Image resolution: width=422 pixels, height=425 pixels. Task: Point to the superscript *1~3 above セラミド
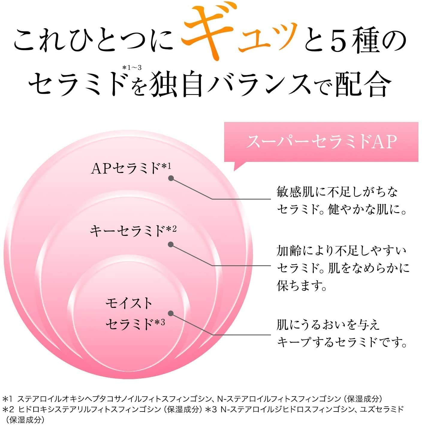(132, 67)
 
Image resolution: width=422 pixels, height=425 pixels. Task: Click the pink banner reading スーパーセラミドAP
(321, 142)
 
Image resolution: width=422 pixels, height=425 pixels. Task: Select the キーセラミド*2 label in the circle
(133, 230)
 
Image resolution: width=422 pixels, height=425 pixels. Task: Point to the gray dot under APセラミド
(171, 178)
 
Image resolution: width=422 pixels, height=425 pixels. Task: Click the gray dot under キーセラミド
(171, 244)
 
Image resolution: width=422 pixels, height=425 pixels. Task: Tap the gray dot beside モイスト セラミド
(171, 313)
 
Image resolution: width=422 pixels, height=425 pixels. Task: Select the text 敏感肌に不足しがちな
(337, 192)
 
